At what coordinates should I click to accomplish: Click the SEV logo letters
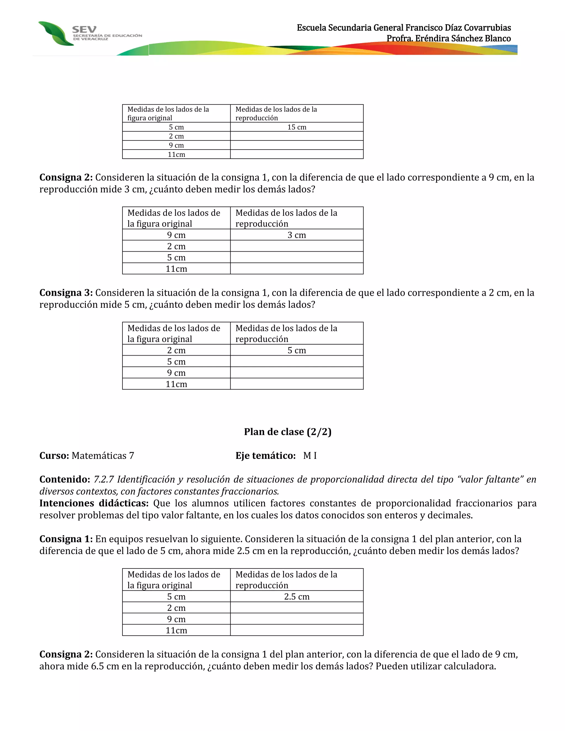pyautogui.click(x=84, y=30)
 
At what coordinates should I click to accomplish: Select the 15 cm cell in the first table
pyautogui.click(x=297, y=127)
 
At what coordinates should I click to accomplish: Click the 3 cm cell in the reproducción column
pyautogui.click(x=297, y=235)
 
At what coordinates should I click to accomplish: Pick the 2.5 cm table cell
pyautogui.click(x=297, y=596)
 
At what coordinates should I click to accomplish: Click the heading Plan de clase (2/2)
pyautogui.click(x=287, y=432)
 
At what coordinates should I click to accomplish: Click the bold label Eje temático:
pyautogui.click(x=265, y=455)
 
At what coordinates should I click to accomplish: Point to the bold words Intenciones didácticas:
pyautogui.click(x=94, y=503)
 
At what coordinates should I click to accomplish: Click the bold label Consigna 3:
pyautogui.click(x=66, y=293)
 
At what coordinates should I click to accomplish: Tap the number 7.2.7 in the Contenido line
pyautogui.click(x=103, y=480)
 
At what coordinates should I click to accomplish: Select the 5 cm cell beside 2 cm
pyautogui.click(x=297, y=350)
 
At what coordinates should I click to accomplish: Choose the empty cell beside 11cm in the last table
pyautogui.click(x=297, y=630)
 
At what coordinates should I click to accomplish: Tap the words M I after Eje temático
pyautogui.click(x=310, y=455)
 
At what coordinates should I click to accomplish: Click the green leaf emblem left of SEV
pyautogui.click(x=55, y=33)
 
